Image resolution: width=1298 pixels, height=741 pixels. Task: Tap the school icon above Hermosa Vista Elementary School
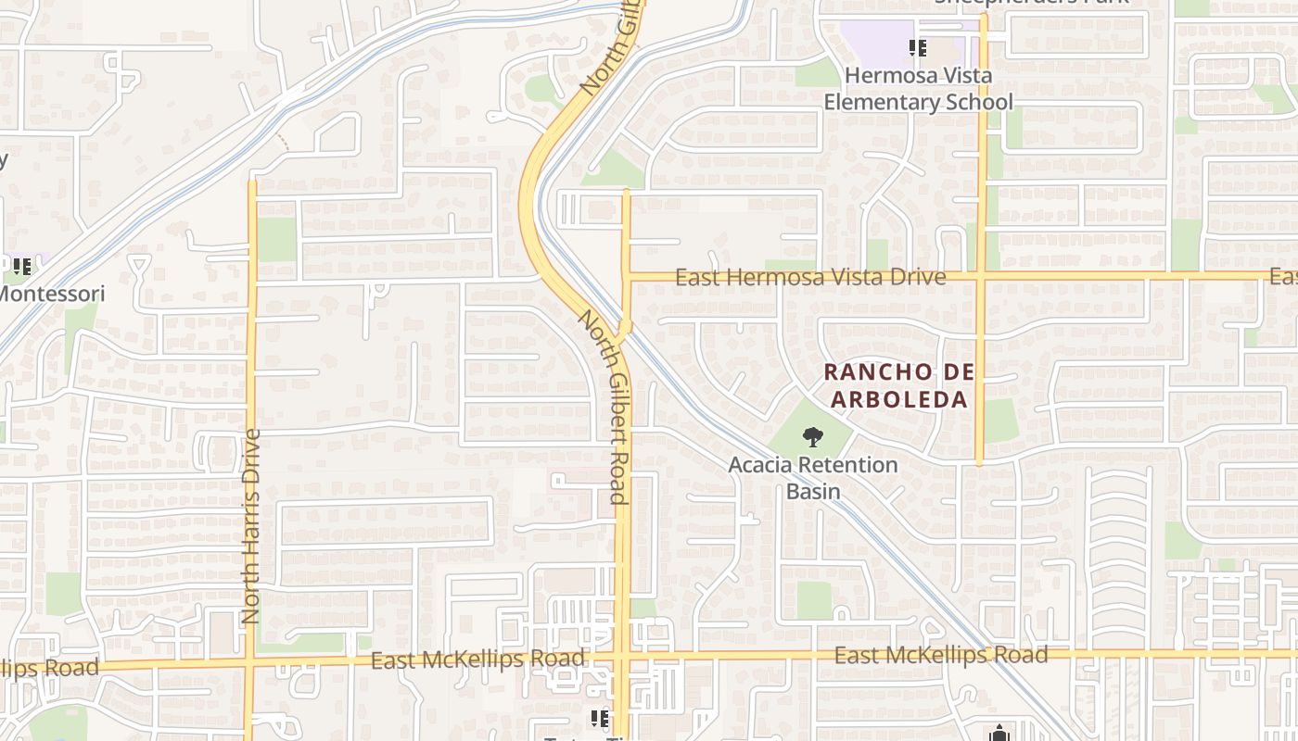click(918, 47)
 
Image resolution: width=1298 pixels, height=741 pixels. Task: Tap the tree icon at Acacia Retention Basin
click(812, 437)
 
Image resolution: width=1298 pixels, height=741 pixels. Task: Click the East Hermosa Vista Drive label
click(810, 277)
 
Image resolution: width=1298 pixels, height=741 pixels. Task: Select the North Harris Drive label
click(251, 525)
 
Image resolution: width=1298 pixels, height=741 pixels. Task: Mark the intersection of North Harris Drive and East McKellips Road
click(250, 663)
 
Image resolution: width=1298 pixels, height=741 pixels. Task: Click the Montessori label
click(52, 294)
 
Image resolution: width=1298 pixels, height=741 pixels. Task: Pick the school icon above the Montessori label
click(21, 267)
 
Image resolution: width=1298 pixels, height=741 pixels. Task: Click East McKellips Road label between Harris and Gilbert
click(478, 659)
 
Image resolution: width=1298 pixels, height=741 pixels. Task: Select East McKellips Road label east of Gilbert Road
click(941, 656)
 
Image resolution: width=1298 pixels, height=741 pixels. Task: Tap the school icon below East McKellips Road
click(600, 718)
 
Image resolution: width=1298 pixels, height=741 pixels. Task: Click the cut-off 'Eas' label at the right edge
click(1283, 277)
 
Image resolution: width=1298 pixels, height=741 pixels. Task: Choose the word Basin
click(813, 491)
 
